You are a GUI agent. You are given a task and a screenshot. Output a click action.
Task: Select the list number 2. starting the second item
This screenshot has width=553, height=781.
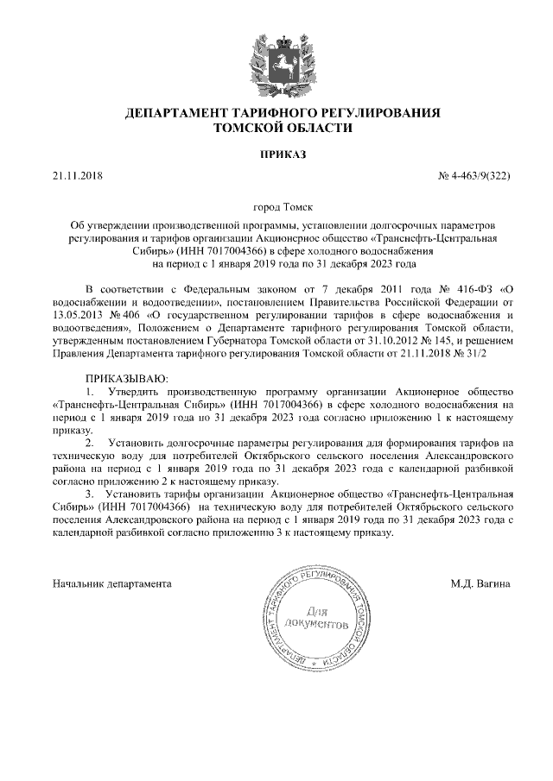(x=89, y=442)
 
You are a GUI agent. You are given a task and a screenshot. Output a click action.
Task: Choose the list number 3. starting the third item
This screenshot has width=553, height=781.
(x=89, y=494)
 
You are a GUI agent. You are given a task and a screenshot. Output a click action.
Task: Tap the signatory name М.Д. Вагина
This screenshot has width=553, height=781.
(x=480, y=583)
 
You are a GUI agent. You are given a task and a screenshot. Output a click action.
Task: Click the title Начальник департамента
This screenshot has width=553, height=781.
(x=112, y=583)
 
